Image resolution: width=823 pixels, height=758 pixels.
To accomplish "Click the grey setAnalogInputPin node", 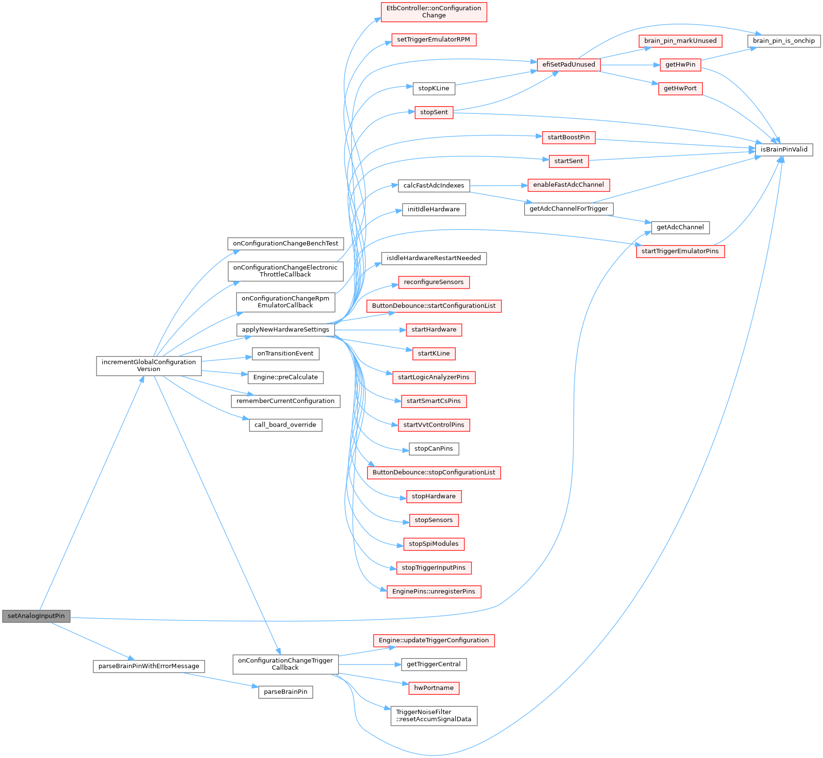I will pyautogui.click(x=36, y=616).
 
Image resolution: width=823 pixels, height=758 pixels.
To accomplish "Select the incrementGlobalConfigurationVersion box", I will pyautogui.click(x=149, y=366).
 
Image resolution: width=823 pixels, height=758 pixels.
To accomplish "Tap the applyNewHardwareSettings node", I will pyautogui.click(x=285, y=330).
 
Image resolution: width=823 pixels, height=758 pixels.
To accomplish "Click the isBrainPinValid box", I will pyautogui.click(x=783, y=150).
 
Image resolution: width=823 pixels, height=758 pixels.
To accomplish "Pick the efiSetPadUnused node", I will pyautogui.click(x=569, y=65).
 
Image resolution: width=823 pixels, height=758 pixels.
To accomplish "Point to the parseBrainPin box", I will pyautogui.click(x=285, y=692).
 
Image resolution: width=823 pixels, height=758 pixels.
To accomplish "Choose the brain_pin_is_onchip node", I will pyautogui.click(x=783, y=41).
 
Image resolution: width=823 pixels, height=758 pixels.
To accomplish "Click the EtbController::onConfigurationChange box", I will pyautogui.click(x=433, y=12).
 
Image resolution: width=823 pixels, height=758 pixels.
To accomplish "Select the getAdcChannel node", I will pyautogui.click(x=680, y=227).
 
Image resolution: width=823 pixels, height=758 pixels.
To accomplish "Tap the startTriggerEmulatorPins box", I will pyautogui.click(x=680, y=251).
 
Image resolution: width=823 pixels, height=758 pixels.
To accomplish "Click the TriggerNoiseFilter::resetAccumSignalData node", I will pyautogui.click(x=433, y=716).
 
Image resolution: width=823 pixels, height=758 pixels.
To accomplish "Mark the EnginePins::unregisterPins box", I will pyautogui.click(x=433, y=592).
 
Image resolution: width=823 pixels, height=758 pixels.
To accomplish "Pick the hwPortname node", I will pyautogui.click(x=433, y=688).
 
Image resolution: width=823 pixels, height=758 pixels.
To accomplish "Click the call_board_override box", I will pyautogui.click(x=285, y=425).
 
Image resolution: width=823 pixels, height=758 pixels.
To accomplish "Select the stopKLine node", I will pyautogui.click(x=433, y=88).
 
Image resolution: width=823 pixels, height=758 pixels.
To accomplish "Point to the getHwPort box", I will pyautogui.click(x=680, y=89).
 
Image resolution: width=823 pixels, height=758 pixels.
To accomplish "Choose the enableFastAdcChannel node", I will pyautogui.click(x=568, y=185).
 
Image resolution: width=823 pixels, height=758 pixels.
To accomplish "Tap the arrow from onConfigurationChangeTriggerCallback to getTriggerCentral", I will pyautogui.click(x=370, y=664).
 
